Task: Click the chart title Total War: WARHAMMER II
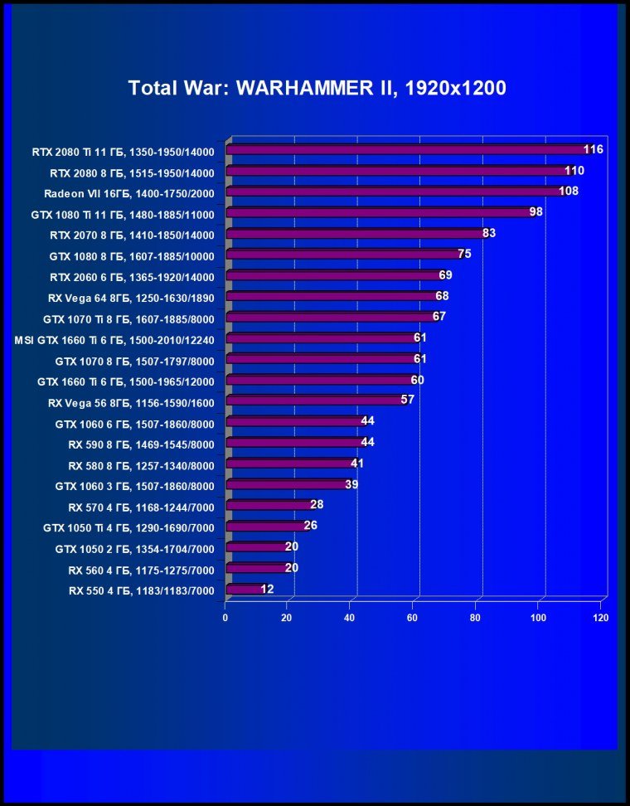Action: pos(317,88)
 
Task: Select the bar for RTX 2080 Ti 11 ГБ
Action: pos(406,150)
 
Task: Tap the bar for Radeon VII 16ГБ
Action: pos(394,192)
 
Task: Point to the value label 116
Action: pos(593,149)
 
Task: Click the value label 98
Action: pos(536,212)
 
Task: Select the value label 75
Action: pos(464,254)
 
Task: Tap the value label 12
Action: pos(266,589)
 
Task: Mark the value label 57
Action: pos(407,400)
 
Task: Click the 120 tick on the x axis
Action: pos(601,618)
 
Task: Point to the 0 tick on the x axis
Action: pos(225,618)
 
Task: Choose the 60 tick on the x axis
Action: pos(413,618)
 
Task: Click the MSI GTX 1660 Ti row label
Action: pos(115,339)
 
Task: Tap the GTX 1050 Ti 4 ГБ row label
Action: pos(129,527)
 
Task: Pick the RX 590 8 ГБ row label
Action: pos(142,444)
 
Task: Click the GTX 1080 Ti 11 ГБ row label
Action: pos(129,213)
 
